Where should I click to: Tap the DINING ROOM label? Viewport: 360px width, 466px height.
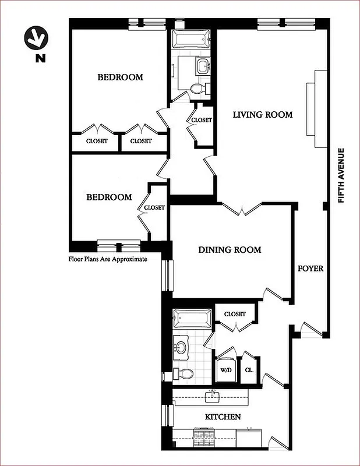230,250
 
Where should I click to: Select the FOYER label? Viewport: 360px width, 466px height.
310,269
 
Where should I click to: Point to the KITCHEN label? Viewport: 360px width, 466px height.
223,417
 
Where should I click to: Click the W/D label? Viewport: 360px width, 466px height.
225,369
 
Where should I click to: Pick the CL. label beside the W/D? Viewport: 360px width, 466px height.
249,369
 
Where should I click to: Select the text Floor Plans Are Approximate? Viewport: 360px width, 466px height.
108,259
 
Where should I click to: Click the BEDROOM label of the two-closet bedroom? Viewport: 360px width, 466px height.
120,77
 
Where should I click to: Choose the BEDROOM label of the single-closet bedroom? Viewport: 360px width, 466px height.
109,197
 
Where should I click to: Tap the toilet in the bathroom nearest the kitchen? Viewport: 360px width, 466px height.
183,373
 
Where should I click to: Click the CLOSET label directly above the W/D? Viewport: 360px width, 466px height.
234,314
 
